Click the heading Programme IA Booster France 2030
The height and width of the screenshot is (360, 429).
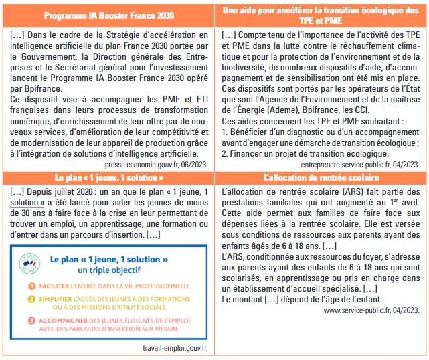[x=110, y=15]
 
